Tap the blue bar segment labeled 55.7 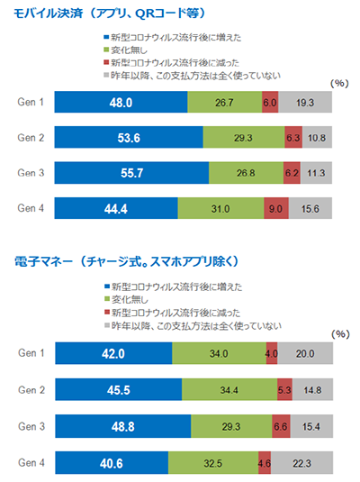tap(131, 173)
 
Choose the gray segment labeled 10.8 tap(317, 138)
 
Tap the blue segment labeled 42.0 tap(112, 354)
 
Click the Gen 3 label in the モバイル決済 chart tap(31, 173)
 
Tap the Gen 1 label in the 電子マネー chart tap(31, 354)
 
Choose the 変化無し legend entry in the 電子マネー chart tap(129, 300)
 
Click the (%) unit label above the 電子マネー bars tap(339, 333)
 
